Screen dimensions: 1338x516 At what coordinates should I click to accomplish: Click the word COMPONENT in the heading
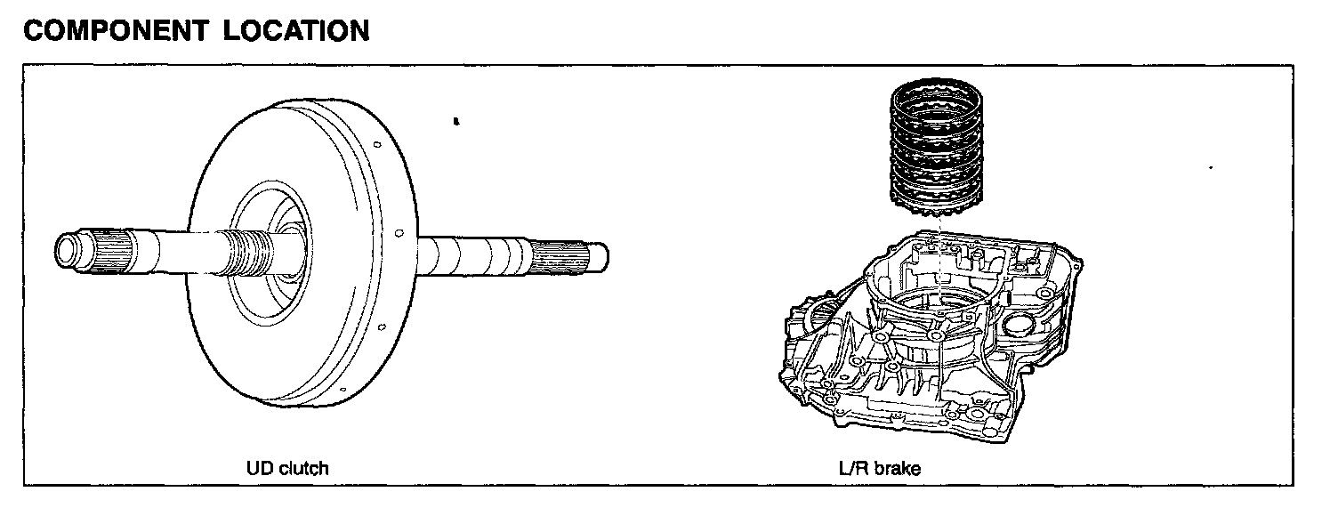coord(117,31)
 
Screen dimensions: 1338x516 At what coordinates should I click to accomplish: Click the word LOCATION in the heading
coord(296,31)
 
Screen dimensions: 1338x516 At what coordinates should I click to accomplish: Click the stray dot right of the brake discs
coord(1212,166)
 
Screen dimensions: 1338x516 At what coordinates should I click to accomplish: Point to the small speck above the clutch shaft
coord(455,121)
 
